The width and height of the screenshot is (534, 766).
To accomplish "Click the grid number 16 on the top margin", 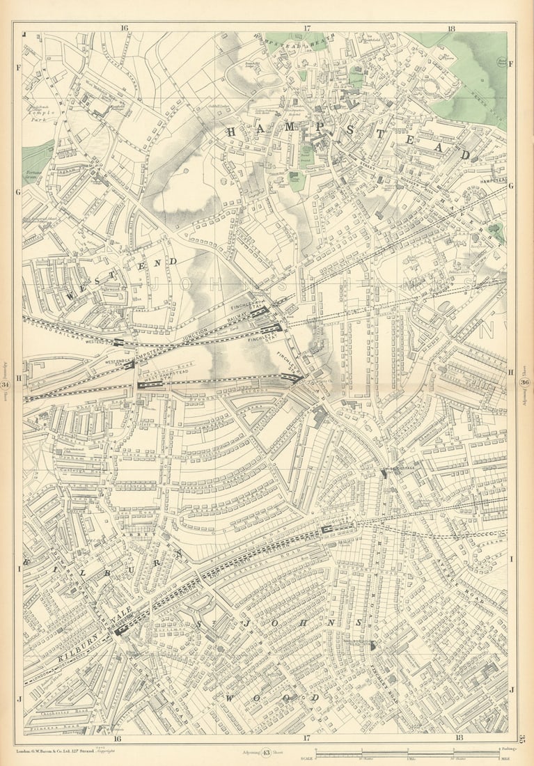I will pyautogui.click(x=124, y=29).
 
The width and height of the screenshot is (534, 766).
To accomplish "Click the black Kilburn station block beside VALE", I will pyautogui.click(x=122, y=630).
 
